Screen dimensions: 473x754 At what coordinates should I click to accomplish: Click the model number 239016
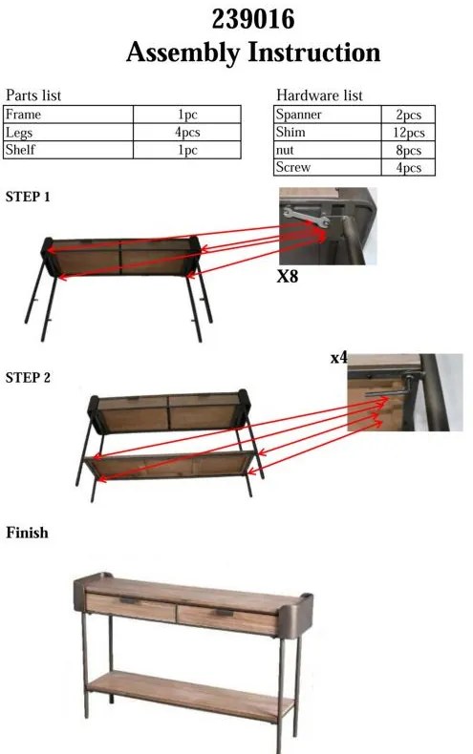(x=253, y=19)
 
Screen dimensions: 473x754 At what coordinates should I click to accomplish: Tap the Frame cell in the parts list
(x=68, y=115)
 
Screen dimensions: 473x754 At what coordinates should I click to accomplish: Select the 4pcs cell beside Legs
(x=187, y=133)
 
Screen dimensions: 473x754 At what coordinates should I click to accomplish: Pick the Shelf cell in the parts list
(x=68, y=150)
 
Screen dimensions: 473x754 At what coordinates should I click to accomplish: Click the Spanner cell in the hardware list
(x=328, y=115)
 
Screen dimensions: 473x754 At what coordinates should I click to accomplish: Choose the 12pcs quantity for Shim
(x=408, y=133)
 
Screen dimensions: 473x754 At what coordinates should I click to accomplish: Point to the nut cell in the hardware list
(x=328, y=150)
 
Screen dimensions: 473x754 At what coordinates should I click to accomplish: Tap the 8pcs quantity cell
(x=408, y=150)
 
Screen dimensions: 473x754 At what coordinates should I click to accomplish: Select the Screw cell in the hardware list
(x=328, y=167)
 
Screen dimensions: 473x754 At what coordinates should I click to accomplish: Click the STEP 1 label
(x=28, y=197)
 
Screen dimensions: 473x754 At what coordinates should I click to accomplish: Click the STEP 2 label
(x=28, y=378)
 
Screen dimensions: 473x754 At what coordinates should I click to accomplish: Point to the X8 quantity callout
(x=288, y=276)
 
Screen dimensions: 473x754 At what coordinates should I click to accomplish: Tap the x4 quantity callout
(x=338, y=358)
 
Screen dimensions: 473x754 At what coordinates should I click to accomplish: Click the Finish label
(x=27, y=533)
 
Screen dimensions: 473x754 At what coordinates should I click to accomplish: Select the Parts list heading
(x=33, y=95)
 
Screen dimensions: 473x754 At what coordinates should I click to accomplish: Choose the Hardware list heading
(x=319, y=95)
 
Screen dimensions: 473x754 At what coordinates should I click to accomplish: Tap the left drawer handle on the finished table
(x=129, y=600)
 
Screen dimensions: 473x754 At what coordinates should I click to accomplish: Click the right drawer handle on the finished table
(x=225, y=613)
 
